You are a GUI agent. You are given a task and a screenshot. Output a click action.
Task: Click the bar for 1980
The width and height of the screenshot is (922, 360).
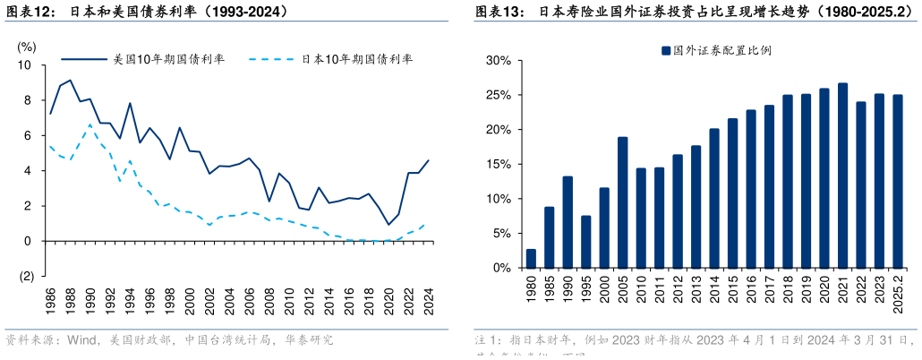tap(531, 259)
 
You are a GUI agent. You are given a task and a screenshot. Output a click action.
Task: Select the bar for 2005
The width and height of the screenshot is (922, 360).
tap(622, 202)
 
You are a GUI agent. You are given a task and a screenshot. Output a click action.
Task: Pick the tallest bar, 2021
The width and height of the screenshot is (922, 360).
tap(842, 176)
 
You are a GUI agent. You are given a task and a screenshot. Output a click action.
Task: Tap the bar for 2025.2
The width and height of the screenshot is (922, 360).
tap(898, 182)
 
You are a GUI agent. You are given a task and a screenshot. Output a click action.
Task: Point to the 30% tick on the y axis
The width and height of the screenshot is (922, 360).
tap(499, 61)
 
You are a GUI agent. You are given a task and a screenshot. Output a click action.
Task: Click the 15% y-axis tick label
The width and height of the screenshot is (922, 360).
tap(499, 165)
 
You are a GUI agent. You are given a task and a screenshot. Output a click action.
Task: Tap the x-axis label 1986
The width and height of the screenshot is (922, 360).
tap(50, 300)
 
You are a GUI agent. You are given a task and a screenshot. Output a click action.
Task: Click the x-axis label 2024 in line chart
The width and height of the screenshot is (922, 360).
tap(429, 300)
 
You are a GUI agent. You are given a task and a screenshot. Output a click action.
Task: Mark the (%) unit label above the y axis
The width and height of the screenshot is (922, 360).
tap(28, 46)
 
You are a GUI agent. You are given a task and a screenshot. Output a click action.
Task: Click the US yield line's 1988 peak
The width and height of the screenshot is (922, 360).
tap(71, 80)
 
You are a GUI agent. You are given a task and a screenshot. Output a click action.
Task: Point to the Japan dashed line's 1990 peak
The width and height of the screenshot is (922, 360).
tap(90, 124)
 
